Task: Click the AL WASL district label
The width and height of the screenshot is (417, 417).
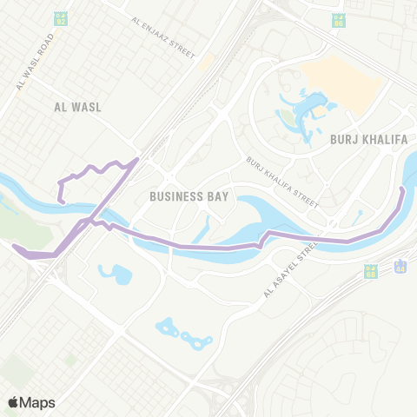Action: [x=77, y=107]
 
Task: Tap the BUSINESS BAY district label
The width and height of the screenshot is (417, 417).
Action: [x=189, y=196]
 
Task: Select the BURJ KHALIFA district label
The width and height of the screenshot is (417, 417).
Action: [x=363, y=137]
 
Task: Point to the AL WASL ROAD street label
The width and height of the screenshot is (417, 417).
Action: [x=35, y=62]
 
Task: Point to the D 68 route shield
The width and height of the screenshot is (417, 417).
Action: [x=371, y=272]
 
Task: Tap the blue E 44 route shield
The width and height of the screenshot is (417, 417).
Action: [x=400, y=265]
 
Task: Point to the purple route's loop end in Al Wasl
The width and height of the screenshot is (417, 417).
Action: [x=62, y=201]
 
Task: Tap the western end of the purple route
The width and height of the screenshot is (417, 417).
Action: [x=16, y=246]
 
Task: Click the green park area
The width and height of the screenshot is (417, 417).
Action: [x=13, y=217]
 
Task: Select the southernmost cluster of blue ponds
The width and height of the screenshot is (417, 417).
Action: [x=182, y=334]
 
